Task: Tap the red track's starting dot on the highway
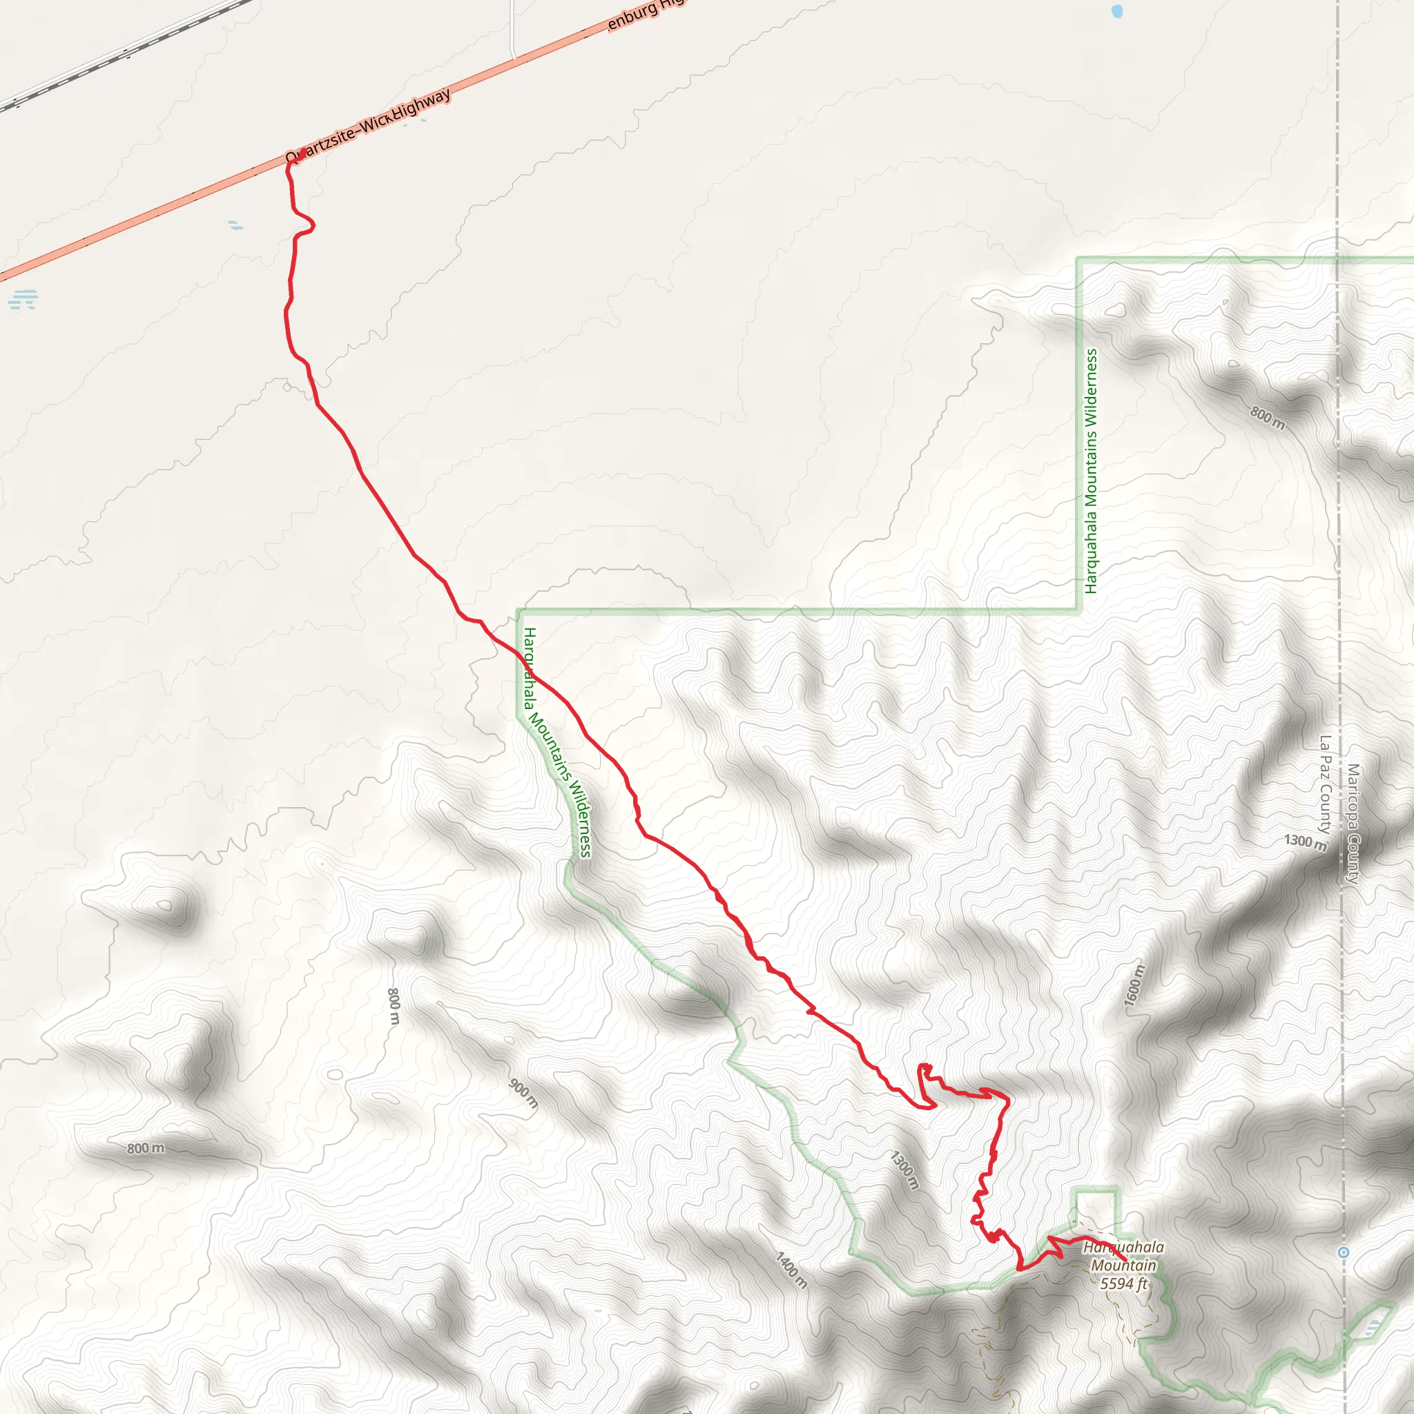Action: tap(302, 152)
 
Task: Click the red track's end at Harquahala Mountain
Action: tap(1124, 1259)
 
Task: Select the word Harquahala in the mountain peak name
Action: tap(1123, 1246)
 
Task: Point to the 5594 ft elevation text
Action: tap(1123, 1284)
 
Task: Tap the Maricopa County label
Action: tap(1353, 824)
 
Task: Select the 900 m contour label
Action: tap(523, 1094)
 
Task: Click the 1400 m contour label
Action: tap(792, 1270)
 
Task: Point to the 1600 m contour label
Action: tap(1134, 985)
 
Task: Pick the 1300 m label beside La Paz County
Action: tap(1305, 842)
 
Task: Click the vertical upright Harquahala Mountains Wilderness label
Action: tap(1092, 471)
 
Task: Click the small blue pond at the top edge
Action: tap(1117, 11)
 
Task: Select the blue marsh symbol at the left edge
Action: tap(23, 300)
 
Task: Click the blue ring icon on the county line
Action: tap(1343, 1252)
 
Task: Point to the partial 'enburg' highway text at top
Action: tap(644, 12)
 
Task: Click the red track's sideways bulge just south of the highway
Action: tap(307, 224)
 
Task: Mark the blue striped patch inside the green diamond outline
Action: tap(1373, 1326)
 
